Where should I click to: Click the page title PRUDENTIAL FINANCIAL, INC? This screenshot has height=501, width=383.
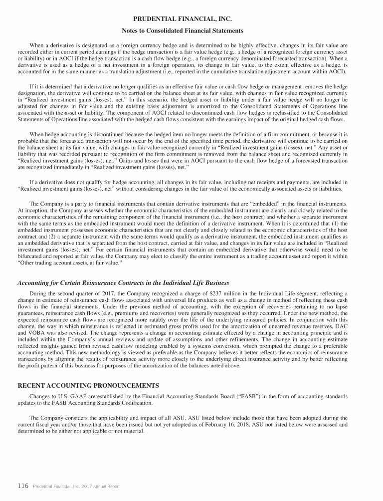(x=191, y=19)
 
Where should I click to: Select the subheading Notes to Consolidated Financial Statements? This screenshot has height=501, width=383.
(x=191, y=31)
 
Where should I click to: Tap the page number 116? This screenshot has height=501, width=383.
(x=23, y=486)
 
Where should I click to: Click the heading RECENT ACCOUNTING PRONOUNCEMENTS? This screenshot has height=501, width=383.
(x=88, y=386)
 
